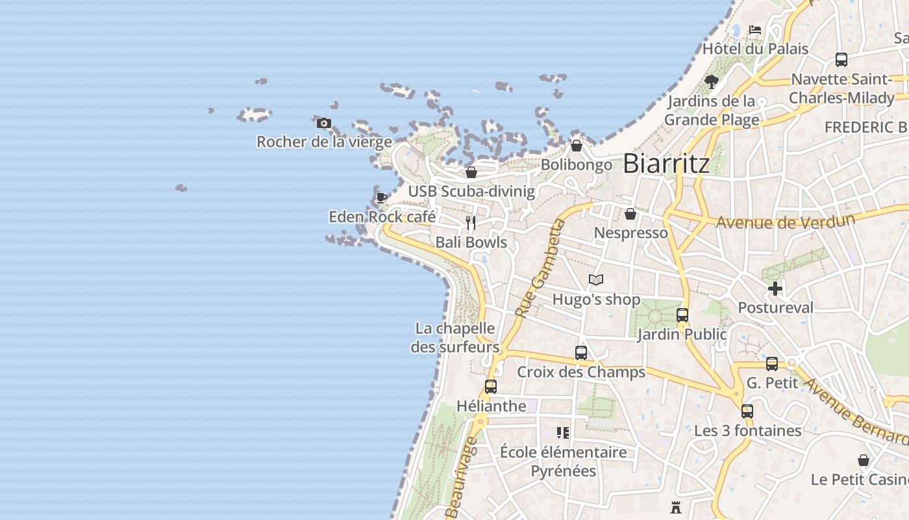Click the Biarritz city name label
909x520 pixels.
(x=666, y=164)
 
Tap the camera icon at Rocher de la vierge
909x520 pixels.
(x=324, y=123)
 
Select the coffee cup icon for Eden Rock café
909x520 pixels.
(x=382, y=198)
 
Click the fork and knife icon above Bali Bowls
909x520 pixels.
(x=471, y=223)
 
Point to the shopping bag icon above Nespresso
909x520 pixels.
(x=630, y=214)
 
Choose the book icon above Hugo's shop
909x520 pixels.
(x=596, y=280)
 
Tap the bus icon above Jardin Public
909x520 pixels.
(x=682, y=315)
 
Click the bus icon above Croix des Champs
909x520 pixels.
(x=581, y=353)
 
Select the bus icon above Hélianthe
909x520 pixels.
(x=491, y=387)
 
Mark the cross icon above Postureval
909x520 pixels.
(x=775, y=289)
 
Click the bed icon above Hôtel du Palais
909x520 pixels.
(x=754, y=30)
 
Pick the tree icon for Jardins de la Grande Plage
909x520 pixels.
(x=712, y=82)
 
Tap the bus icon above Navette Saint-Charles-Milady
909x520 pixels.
(x=841, y=60)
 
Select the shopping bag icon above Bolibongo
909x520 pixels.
(x=577, y=146)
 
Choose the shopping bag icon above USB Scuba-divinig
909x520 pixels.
(x=471, y=172)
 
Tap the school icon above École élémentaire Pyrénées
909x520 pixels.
(x=563, y=433)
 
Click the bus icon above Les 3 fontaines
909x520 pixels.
(x=747, y=411)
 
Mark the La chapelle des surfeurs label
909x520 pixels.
(x=454, y=338)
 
